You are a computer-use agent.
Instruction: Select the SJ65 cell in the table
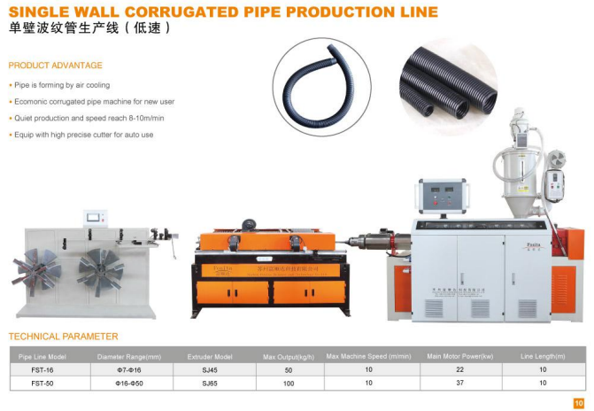(209, 383)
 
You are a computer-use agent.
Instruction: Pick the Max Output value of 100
(288, 383)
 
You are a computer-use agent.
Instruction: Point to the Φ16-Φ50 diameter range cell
(127, 383)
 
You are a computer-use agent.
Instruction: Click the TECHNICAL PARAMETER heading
(63, 337)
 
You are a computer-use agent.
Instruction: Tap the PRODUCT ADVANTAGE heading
(55, 66)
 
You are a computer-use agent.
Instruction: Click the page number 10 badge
(578, 403)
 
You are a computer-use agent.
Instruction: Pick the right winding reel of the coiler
(99, 265)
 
